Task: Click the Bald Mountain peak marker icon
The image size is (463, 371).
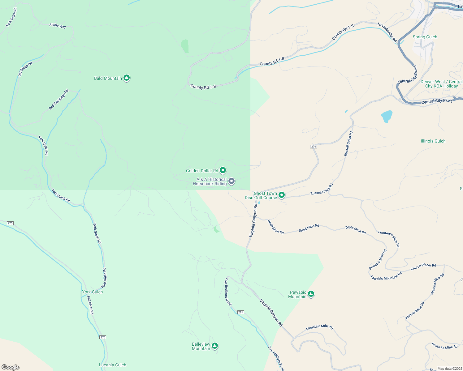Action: click(x=126, y=78)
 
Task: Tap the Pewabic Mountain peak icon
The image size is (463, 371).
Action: click(x=311, y=294)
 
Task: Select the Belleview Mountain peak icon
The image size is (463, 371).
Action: click(x=215, y=346)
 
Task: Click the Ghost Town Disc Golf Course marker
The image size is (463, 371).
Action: click(x=282, y=195)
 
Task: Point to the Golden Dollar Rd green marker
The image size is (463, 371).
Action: click(x=223, y=170)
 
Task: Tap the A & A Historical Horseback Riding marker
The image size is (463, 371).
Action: click(x=231, y=181)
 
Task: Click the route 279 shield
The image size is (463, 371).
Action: click(x=314, y=147)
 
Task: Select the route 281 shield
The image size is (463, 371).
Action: click(x=241, y=312)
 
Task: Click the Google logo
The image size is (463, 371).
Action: click(x=11, y=367)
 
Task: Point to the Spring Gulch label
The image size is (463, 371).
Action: click(x=425, y=37)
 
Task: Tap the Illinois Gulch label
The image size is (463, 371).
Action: click(x=433, y=141)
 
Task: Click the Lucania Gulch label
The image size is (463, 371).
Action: click(x=112, y=365)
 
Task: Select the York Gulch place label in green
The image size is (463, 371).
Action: click(x=92, y=292)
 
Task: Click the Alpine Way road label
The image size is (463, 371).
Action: click(x=58, y=26)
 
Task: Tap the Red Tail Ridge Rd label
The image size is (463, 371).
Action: click(x=58, y=100)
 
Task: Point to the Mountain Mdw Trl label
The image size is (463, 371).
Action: click(x=319, y=327)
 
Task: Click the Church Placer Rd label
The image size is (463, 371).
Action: click(x=423, y=267)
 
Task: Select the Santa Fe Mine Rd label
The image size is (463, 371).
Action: click(x=444, y=346)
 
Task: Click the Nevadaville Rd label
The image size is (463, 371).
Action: click(x=387, y=32)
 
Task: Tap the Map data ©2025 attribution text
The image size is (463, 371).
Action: click(x=450, y=369)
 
